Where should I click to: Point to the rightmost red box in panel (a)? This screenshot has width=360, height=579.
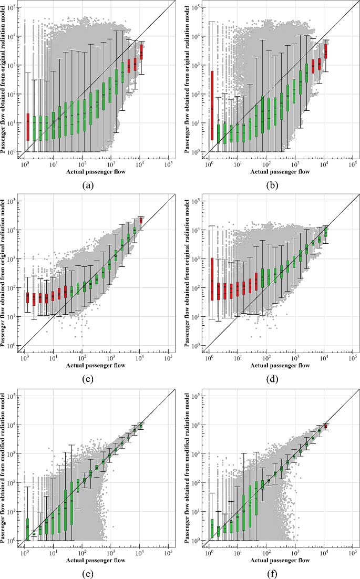tap(141, 52)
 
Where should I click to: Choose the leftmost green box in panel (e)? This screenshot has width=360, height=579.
tap(27, 530)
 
